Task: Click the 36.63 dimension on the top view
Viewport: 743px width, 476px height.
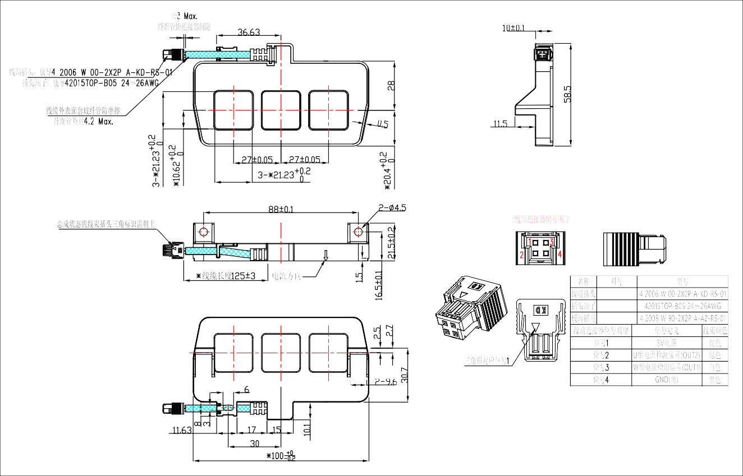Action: coord(249,33)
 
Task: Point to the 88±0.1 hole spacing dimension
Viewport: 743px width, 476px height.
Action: coord(281,209)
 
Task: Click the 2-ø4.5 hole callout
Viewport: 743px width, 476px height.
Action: coord(392,208)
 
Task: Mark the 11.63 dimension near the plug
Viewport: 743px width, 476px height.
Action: coord(182,431)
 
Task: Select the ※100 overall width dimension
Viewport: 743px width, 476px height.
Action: coord(281,455)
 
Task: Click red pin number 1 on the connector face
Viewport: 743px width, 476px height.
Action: coord(529,242)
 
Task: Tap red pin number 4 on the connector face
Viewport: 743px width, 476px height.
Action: coord(559,254)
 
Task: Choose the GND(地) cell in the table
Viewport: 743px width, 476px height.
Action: coord(667,380)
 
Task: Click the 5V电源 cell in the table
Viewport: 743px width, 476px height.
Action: coord(667,343)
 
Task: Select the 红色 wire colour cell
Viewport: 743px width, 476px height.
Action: coord(715,343)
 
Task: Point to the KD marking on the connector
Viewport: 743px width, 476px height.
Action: coord(540,309)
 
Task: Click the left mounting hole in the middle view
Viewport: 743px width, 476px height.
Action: coord(203,231)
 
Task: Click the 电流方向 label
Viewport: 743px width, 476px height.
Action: coord(286,276)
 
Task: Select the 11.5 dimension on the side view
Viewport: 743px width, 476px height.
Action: coord(500,123)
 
